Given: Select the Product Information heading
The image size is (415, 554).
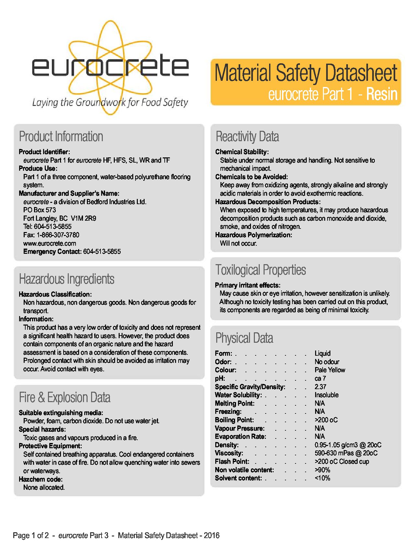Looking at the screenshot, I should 61,137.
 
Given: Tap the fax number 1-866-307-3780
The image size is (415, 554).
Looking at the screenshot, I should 58,235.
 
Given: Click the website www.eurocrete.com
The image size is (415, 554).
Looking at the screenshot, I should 50,243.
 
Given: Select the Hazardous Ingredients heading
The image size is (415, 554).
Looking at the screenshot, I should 66,279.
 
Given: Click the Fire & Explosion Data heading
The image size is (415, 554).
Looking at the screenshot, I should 65,398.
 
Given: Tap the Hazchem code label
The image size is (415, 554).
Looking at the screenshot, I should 41,479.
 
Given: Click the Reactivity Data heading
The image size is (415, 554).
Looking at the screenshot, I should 247,137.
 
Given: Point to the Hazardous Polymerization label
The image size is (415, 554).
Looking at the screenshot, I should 254,235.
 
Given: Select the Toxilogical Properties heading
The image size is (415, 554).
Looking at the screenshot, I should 261,270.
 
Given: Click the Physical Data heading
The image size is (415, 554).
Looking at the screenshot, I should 244,338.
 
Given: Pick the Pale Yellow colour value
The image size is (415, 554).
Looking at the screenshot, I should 330,370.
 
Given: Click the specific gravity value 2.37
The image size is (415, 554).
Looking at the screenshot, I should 320,387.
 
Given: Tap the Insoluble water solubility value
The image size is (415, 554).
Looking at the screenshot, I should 326,395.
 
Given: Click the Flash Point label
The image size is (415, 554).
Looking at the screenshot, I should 232,462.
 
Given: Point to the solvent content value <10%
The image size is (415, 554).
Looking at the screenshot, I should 322,478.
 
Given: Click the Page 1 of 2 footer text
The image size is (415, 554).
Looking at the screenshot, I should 31,536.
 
